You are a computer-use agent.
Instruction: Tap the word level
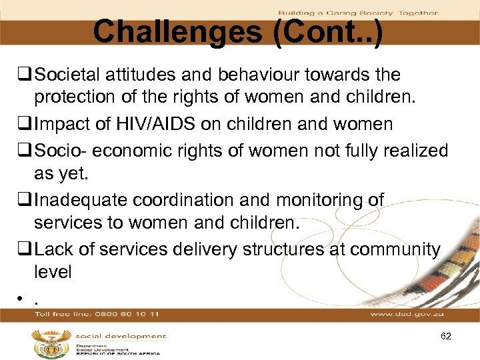[x=52, y=272]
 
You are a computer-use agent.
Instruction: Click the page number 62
[x=446, y=337]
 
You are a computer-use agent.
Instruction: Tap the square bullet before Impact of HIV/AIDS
[x=27, y=125]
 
